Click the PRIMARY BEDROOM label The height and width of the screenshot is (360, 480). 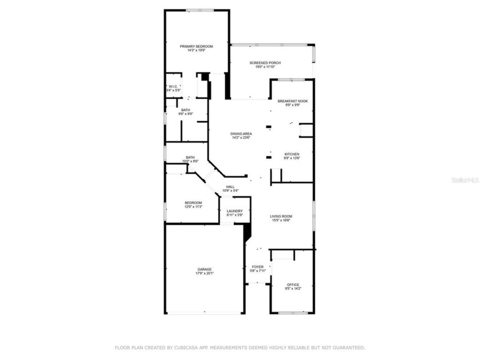point(197,46)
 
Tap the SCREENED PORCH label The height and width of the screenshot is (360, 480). point(265,63)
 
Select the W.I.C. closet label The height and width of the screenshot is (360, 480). point(173,86)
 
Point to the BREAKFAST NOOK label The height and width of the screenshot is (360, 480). point(292,101)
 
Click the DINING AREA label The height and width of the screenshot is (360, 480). point(241,134)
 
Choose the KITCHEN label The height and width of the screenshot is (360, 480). point(291,154)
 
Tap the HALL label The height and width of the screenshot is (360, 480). point(230,187)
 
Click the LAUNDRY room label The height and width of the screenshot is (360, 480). point(235,211)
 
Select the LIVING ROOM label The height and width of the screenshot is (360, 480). point(281,216)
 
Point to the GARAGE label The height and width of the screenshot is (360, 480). point(205,269)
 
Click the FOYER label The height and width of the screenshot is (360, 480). point(258,267)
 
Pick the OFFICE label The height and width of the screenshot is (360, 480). point(293,285)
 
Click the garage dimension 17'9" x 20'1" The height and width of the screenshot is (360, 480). point(205,273)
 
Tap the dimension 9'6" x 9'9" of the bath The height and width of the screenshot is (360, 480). point(186,114)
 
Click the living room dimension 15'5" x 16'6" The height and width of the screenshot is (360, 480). point(281,221)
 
